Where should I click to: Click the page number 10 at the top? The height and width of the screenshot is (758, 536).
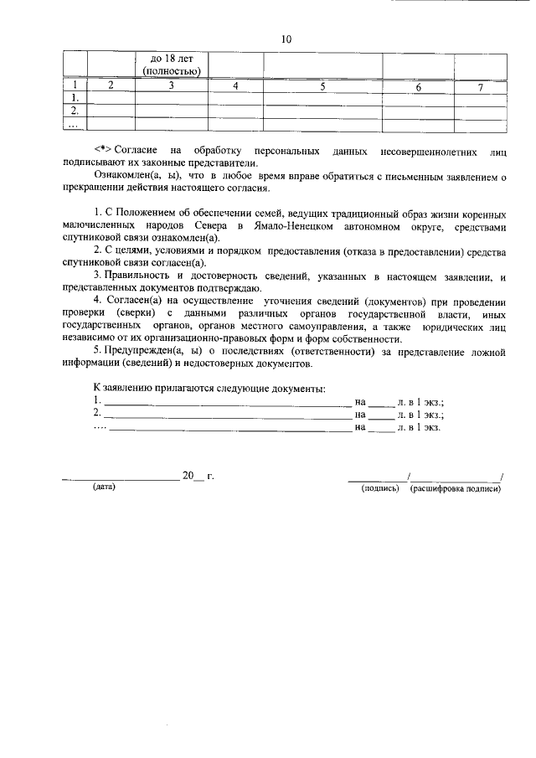[286, 39]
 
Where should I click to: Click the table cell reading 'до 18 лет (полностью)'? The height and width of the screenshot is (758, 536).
[172, 64]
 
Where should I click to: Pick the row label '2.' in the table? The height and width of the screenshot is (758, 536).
[75, 111]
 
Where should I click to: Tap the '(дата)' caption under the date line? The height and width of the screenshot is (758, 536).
[105, 487]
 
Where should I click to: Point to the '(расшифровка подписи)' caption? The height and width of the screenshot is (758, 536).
[456, 487]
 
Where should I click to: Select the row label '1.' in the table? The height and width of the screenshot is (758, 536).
[75, 98]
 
